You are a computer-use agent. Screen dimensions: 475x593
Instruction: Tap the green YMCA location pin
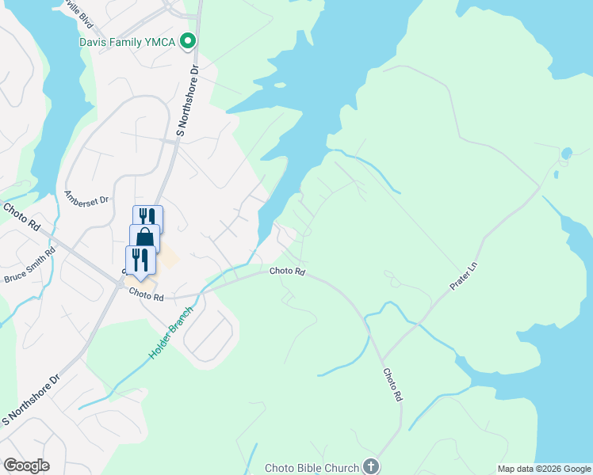[188, 40]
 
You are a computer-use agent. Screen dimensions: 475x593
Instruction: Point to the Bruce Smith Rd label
[31, 266]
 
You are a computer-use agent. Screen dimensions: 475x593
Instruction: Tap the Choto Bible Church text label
[312, 468]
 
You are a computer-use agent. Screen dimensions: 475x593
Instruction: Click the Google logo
[26, 465]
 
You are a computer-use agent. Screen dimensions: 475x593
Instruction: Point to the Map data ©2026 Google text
[543, 469]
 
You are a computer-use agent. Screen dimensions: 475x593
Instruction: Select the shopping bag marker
[144, 237]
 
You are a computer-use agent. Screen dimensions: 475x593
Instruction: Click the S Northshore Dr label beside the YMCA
[187, 101]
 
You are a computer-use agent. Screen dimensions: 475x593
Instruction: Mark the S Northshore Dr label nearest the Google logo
[31, 401]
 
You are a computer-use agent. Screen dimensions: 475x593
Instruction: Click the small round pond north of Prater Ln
[566, 154]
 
